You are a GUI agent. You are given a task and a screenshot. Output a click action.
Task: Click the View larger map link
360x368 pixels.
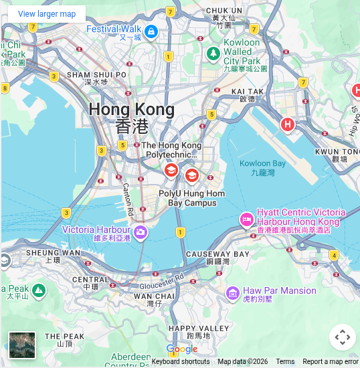47,13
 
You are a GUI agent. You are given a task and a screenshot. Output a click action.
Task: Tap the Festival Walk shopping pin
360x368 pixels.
151,31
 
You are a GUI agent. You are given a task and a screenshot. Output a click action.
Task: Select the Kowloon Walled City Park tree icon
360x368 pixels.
213,53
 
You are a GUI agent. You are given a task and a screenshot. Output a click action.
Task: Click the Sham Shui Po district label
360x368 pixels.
96,78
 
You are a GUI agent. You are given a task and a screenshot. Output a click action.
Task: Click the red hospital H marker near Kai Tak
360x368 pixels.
288,124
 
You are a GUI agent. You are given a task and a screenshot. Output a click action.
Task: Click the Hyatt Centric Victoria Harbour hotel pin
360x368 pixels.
246,219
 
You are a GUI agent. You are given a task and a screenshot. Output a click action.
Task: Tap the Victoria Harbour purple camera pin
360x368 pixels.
141,232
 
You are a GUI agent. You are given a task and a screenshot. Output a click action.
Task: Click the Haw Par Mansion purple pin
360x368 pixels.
232,292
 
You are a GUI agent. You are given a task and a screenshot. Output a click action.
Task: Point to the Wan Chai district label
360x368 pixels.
155,299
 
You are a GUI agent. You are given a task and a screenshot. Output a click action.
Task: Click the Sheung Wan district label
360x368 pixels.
53,257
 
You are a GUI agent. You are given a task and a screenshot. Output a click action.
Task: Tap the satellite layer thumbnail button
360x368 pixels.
22,345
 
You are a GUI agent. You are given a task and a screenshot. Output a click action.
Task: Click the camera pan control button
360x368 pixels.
342,337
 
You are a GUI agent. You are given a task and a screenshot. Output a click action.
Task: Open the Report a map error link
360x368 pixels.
331,362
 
